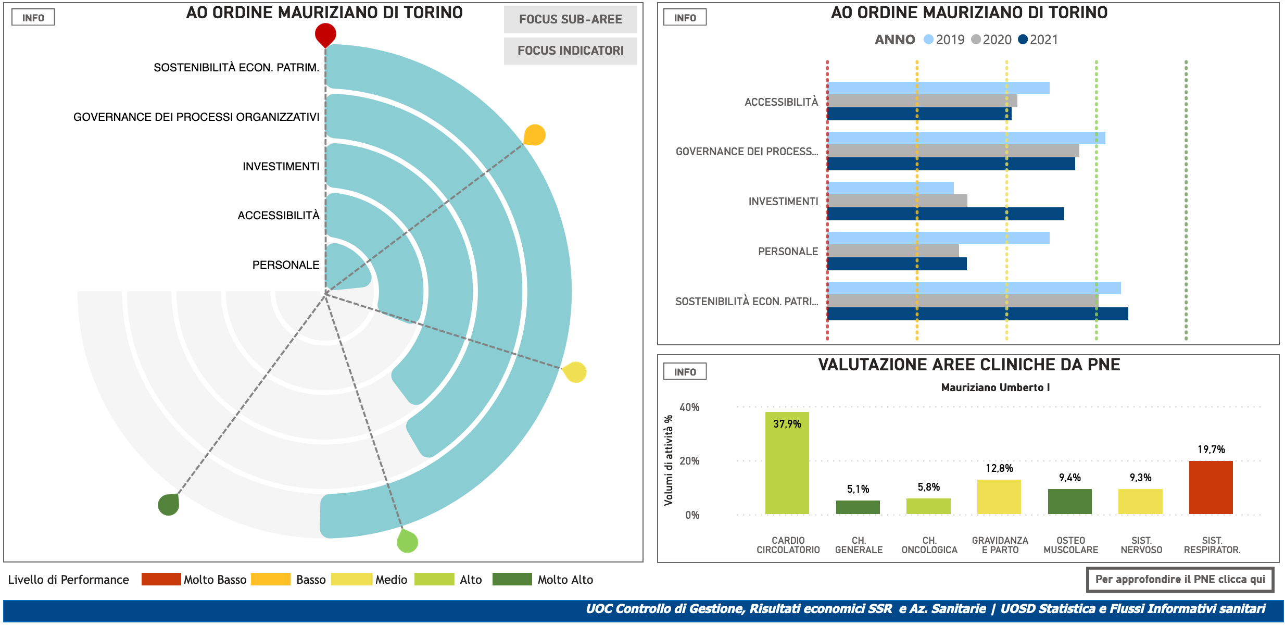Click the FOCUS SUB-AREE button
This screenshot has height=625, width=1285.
(570, 20)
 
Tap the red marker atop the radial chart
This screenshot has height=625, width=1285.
(325, 34)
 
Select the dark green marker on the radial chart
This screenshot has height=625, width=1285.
(169, 504)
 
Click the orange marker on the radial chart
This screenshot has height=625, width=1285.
(534, 135)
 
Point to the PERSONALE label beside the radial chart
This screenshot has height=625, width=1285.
(286, 265)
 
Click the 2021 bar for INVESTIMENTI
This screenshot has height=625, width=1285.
(946, 214)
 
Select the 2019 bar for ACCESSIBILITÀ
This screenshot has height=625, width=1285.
(938, 88)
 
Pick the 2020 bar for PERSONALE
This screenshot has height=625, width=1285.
(893, 251)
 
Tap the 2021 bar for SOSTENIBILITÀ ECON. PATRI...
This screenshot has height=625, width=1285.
(978, 314)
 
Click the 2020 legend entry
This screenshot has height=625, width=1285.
(991, 40)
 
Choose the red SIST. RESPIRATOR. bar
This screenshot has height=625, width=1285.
(1211, 488)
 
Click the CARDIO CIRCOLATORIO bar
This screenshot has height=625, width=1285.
(787, 464)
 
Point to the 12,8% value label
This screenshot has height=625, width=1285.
(999, 468)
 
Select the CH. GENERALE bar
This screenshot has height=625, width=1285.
(858, 507)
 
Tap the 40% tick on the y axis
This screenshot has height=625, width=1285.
(689, 407)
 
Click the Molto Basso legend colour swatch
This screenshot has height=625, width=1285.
(161, 579)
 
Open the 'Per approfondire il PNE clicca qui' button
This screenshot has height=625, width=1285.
(1180, 579)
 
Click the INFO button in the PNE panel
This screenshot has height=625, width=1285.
(685, 372)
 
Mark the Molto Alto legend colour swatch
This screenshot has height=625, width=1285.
(512, 579)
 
